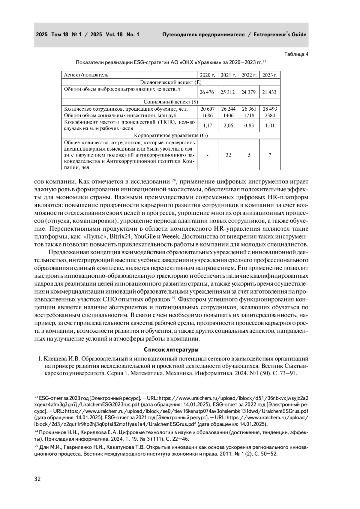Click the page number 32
(x=37, y=479)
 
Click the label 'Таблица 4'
(x=296, y=54)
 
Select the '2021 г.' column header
(x=228, y=75)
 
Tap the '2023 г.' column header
(x=270, y=75)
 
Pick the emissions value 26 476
(x=207, y=92)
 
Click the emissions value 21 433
(x=269, y=92)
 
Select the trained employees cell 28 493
(x=269, y=109)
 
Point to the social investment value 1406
(x=228, y=115)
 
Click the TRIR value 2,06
(x=228, y=125)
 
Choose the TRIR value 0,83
(x=249, y=125)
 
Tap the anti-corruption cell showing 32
(x=228, y=155)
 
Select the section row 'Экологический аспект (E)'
(x=171, y=82)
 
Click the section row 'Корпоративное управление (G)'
(x=171, y=135)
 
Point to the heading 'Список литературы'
(x=171, y=350)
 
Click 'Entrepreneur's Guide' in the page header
(x=280, y=34)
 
